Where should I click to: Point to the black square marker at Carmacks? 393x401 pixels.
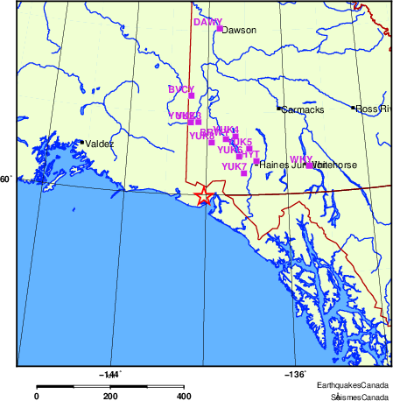pos(279,109)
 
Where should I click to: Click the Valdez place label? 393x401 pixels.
pos(99,144)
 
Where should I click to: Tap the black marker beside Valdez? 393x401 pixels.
pos(81,142)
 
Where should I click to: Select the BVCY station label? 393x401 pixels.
pos(180,89)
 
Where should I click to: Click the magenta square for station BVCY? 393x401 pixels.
pos(191,95)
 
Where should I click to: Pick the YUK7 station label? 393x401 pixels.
pos(234,166)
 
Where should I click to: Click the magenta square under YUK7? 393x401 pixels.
pos(243,173)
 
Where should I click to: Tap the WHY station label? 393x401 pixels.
pos(300,158)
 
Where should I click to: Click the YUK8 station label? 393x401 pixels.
pos(201,136)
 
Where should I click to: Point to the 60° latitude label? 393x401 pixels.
pos(6,179)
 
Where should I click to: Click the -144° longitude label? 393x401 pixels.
pos(110,374)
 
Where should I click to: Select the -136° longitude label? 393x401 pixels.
pos(295,374)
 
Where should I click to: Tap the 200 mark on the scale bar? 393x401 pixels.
pos(110,396)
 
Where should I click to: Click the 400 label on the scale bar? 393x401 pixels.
pos(185,396)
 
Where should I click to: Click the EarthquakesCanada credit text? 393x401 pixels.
pos(353,386)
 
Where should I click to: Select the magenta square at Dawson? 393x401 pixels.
pos(219,28)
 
